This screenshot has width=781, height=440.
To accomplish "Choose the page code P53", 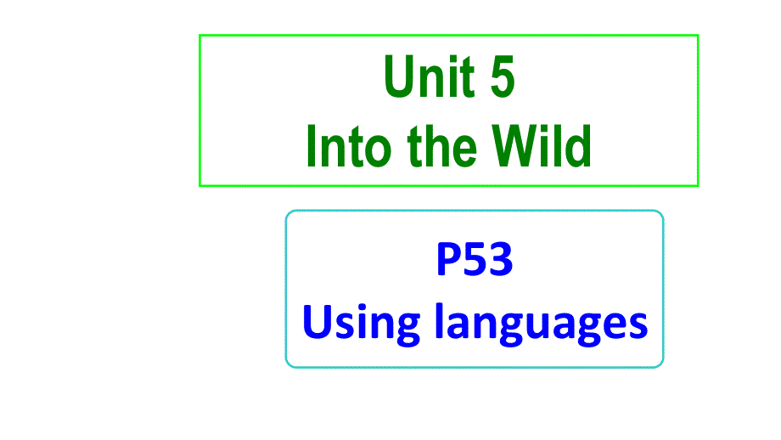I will pyautogui.click(x=475, y=260).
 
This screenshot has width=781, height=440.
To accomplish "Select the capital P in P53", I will pyautogui.click(x=448, y=260).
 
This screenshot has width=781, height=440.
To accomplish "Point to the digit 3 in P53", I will pyautogui.click(x=501, y=260).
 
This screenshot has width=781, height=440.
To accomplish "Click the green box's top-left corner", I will pyautogui.click(x=200, y=36).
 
